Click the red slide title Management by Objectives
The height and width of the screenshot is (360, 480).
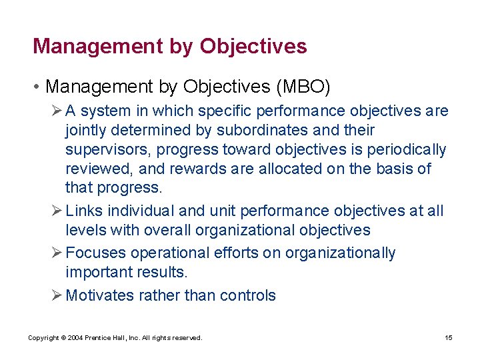click(169, 46)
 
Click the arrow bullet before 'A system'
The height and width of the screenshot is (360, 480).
click(57, 111)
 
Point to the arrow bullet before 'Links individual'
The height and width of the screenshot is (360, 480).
click(57, 211)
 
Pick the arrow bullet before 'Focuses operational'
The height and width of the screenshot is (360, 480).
click(57, 253)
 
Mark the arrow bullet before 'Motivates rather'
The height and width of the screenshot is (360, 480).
click(57, 296)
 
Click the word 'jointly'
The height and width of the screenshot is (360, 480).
click(86, 131)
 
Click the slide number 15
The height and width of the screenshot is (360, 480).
click(449, 338)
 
